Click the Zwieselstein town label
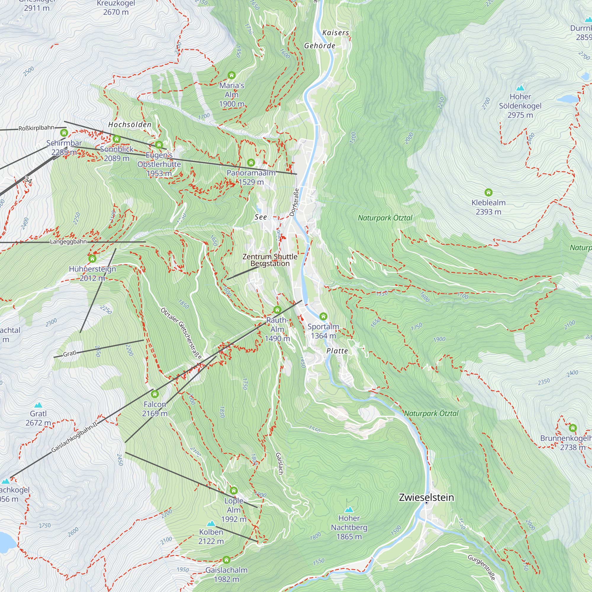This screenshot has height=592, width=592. click(x=426, y=497)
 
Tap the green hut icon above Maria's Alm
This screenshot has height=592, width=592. click(x=231, y=75)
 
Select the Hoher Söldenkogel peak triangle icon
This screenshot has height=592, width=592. click(x=520, y=88)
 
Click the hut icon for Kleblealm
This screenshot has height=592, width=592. click(x=488, y=192)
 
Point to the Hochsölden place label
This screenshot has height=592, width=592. click(x=130, y=125)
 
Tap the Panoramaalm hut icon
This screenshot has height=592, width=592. click(x=251, y=163)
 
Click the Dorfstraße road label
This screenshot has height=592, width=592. click(x=294, y=202)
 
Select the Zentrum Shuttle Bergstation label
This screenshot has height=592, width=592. click(x=270, y=260)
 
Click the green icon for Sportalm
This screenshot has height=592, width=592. click(x=323, y=316)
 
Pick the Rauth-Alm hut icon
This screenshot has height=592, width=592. click(x=277, y=310)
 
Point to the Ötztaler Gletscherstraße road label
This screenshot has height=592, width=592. click(x=181, y=333)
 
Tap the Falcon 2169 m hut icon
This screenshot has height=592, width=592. click(x=155, y=394)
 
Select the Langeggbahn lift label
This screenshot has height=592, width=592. click(x=68, y=242)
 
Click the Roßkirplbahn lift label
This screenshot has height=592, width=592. click(x=36, y=128)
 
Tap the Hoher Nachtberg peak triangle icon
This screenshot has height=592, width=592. click(x=349, y=510)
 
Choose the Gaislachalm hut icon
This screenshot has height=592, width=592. click(x=226, y=560)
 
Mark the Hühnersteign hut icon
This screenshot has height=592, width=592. click(x=92, y=259)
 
